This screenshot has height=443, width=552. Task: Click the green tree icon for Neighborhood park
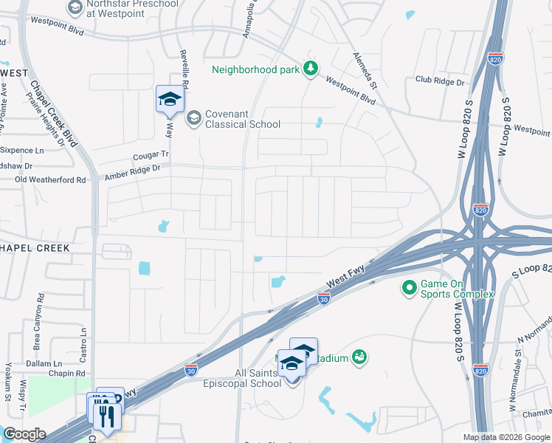point(311,69)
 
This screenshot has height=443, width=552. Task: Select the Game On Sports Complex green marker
point(407,286)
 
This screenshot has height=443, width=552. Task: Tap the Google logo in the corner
point(24,434)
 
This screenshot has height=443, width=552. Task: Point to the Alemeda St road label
point(365,69)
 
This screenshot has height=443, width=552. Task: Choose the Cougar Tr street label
point(151,156)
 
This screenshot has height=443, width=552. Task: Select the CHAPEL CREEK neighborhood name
point(35,248)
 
